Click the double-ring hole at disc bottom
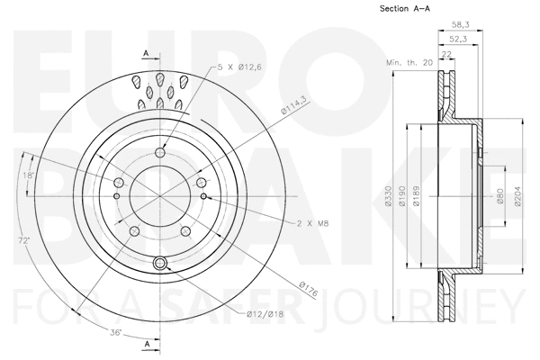coord(161,264)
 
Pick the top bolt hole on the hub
coord(160,152)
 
